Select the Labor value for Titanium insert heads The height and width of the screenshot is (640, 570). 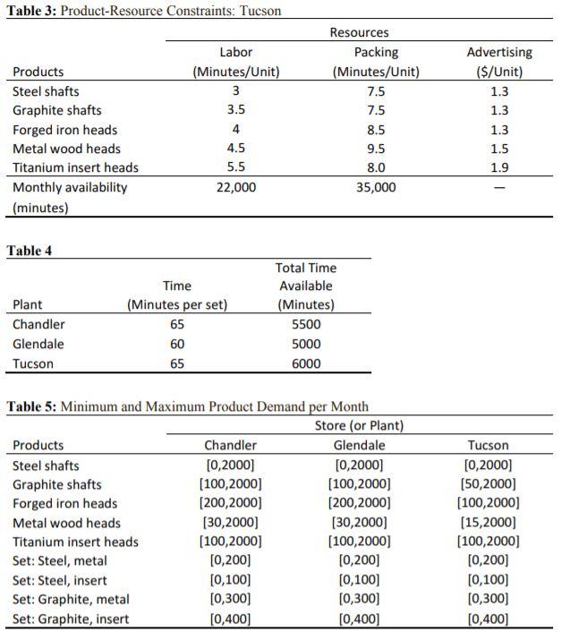[236, 167]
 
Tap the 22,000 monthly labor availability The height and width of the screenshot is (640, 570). [236, 187]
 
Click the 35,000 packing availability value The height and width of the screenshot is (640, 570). [376, 187]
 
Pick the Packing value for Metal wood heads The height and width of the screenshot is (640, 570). [376, 149]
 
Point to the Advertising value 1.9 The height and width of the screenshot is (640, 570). [499, 167]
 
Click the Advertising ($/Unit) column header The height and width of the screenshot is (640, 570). [499, 62]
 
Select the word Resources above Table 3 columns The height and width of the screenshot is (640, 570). [359, 32]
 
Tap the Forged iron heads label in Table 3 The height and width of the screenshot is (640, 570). [64, 130]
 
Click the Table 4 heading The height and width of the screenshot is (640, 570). [30, 251]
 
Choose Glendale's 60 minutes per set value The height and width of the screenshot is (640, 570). [177, 344]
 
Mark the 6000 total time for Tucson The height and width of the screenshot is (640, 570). [306, 363]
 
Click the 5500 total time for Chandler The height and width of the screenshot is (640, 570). [306, 324]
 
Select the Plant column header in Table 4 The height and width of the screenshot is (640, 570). [28, 304]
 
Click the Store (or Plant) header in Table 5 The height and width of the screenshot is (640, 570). [359, 425]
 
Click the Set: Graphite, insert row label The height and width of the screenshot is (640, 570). [71, 619]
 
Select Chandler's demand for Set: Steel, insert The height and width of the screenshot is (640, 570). [230, 580]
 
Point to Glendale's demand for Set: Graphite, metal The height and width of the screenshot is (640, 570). [359, 599]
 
